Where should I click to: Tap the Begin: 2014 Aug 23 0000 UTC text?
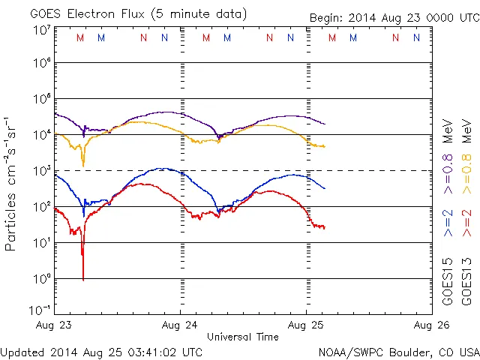point(394,18)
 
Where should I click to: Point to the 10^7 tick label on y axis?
point(42,30)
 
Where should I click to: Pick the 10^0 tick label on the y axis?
point(42,278)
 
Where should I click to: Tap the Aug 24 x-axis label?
point(180,325)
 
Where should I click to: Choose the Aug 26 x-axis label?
point(431,325)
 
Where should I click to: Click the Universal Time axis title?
point(243,337)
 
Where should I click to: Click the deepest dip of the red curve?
point(82,278)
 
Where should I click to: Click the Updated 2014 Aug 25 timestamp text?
point(101,351)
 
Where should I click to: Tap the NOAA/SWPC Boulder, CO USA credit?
point(397,351)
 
